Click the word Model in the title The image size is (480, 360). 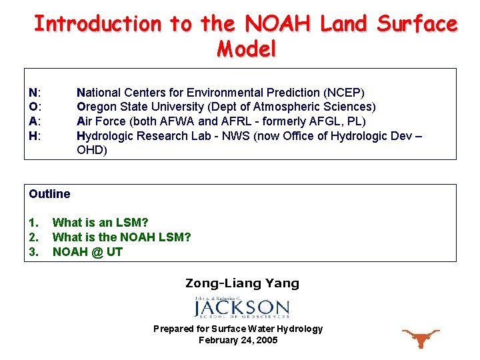tap(246, 49)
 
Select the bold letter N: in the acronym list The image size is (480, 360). tap(35, 93)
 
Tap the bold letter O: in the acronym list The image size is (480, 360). tap(35, 107)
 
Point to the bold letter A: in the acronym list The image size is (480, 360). tap(35, 121)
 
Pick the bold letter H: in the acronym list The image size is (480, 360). tap(35, 136)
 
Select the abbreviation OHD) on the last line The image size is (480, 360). tap(92, 150)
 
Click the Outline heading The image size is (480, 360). tap(49, 194)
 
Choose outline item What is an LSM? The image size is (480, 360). tap(100, 223)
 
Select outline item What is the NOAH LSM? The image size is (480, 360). tap(121, 237)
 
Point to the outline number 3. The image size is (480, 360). tap(33, 252)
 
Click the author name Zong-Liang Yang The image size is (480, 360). tap(242, 283)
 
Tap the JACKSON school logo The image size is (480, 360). tap(241, 307)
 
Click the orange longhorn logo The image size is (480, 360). tap(419, 338)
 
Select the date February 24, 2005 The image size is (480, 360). tap(238, 340)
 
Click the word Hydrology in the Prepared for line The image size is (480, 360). tap(299, 329)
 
